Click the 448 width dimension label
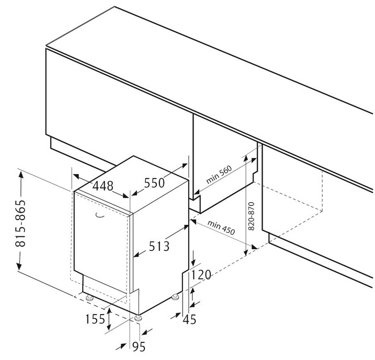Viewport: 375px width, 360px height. (103, 186)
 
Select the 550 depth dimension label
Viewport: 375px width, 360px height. (154, 183)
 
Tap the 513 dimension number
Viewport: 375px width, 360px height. (159, 246)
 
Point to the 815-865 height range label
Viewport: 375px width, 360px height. (20, 223)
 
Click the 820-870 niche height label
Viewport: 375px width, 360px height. (251, 216)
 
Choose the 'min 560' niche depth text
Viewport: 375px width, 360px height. (219, 175)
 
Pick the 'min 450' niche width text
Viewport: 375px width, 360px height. (221, 227)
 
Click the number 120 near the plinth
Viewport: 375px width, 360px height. (201, 275)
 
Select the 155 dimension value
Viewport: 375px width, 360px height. (95, 319)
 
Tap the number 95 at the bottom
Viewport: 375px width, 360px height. (139, 346)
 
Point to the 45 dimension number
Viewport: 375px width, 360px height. (189, 319)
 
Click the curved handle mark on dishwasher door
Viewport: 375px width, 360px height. (100, 216)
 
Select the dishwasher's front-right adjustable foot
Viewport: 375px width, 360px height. (138, 318)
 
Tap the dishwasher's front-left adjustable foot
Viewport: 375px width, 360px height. (89, 298)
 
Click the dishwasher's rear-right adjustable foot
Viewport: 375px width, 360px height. (175, 297)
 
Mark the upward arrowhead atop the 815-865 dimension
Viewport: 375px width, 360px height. (21, 175)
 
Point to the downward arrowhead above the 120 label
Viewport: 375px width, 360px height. (193, 262)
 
